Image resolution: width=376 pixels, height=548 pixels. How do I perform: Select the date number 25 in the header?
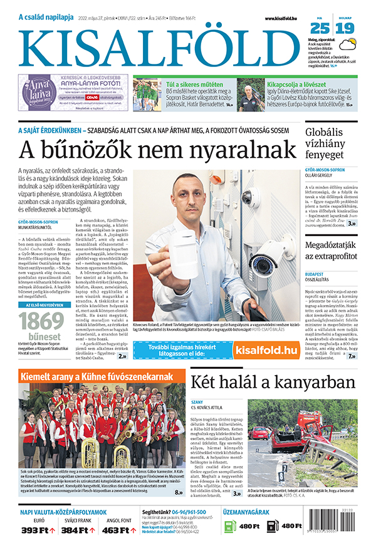(320, 28)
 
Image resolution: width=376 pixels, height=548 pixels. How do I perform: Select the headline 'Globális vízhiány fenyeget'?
(332, 143)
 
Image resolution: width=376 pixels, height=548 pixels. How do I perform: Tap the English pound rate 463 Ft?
(118, 530)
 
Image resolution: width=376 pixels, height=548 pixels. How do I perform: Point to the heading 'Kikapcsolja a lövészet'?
(298, 83)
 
